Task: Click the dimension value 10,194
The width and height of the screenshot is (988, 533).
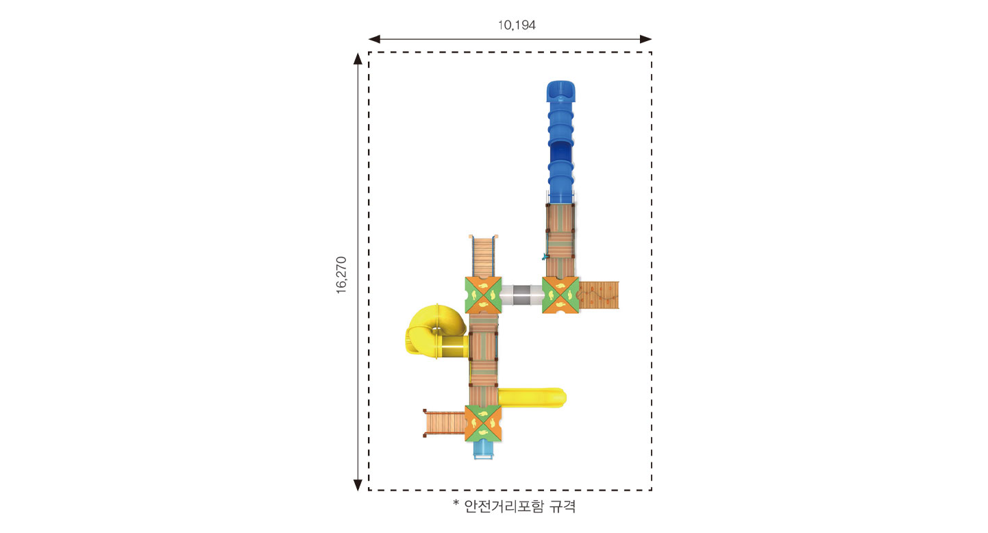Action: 517,25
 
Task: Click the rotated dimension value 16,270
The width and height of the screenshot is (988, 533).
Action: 341,275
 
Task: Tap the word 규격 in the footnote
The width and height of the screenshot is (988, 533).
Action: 563,506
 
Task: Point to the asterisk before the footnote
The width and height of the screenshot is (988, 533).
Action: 456,503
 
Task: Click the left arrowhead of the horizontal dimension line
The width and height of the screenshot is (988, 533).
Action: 374,39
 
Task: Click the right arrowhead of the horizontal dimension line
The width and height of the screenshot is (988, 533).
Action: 645,39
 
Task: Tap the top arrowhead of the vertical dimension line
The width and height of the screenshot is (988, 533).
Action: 358,59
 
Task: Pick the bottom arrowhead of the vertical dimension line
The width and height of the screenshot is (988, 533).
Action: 358,484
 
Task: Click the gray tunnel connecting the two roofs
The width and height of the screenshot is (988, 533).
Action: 522,295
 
